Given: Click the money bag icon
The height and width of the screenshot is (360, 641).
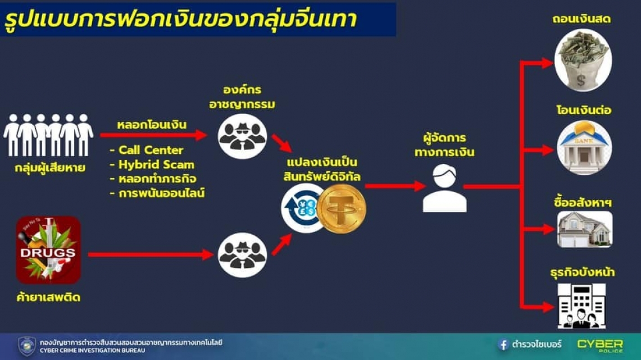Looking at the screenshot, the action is [x=583, y=60].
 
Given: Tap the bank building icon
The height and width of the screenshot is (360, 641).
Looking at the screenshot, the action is [x=584, y=147].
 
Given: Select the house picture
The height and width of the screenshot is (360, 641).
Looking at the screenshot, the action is [x=585, y=229].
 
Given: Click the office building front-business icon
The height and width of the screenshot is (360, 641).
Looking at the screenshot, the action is [x=581, y=306].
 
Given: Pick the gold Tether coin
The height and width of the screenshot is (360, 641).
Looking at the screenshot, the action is [x=342, y=209].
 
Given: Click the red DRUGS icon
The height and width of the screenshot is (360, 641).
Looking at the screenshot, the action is [x=48, y=250].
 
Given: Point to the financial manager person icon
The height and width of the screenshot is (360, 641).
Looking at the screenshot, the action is [x=444, y=188].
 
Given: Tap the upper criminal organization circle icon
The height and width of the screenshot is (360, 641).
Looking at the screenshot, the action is [x=242, y=136].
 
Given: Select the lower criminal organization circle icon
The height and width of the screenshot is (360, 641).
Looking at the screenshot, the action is [x=242, y=255].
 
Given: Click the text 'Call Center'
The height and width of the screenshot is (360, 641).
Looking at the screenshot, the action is [x=151, y=150].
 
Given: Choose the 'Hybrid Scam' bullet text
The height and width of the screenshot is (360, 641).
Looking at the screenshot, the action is [x=156, y=165].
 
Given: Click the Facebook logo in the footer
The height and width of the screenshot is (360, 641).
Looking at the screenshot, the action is [x=503, y=344].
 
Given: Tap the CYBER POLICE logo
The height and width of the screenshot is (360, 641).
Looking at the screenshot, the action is [x=600, y=345].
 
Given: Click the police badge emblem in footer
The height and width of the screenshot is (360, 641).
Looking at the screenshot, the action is [x=27, y=346].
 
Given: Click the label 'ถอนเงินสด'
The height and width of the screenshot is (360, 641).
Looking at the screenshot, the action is [x=581, y=19].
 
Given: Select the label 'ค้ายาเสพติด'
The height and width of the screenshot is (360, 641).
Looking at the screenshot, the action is [x=48, y=297].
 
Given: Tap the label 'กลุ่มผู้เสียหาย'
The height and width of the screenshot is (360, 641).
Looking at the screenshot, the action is [x=50, y=167].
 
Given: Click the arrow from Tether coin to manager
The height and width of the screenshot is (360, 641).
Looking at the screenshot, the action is [x=395, y=186].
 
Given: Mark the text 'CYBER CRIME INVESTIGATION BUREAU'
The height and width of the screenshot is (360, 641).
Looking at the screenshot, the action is [x=92, y=350].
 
